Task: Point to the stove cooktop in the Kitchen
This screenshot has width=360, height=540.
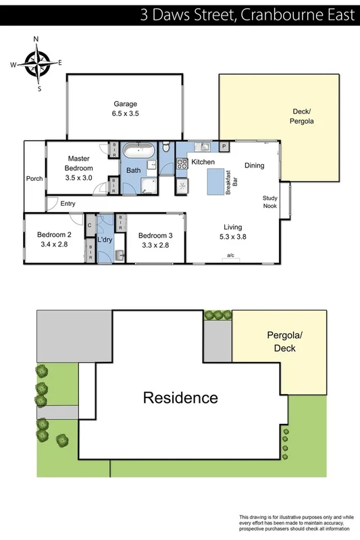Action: click(181, 163)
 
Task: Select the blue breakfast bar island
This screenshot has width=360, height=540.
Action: click(216, 180)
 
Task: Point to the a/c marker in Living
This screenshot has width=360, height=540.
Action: click(230, 254)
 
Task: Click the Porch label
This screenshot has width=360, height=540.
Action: click(34, 179)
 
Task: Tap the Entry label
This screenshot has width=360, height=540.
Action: click(68, 204)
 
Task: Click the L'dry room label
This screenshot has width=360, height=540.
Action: click(105, 240)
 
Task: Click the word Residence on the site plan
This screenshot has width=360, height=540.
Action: click(180, 398)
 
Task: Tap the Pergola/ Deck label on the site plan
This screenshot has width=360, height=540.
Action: click(280, 343)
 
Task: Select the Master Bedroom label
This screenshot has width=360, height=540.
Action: click(78, 163)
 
